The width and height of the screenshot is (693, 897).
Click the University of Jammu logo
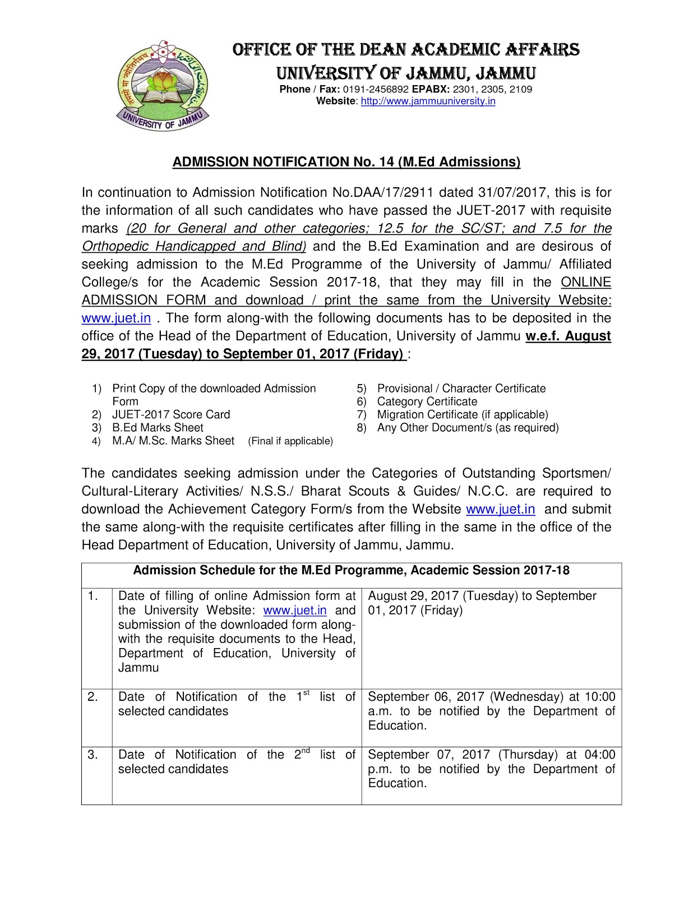click(x=162, y=85)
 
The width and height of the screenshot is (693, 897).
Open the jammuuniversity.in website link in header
click(x=428, y=101)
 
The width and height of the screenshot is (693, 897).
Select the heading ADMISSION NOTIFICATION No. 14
click(x=346, y=162)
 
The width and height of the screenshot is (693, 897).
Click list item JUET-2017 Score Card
click(x=171, y=415)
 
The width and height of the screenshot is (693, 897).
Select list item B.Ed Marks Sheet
click(x=158, y=428)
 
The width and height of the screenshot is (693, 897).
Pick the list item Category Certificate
click(x=427, y=402)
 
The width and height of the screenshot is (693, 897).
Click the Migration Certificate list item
click(x=462, y=415)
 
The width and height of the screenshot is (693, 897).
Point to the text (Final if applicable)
click(x=290, y=441)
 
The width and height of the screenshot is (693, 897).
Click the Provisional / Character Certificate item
click(x=461, y=389)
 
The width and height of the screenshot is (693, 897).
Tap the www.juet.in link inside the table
click(x=294, y=611)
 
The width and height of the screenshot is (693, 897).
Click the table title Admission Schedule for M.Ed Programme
click(x=351, y=571)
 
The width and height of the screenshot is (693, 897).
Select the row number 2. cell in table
click(x=93, y=697)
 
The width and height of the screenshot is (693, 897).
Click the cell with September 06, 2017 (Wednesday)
click(x=491, y=711)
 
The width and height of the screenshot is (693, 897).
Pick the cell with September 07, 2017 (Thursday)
click(x=491, y=769)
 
